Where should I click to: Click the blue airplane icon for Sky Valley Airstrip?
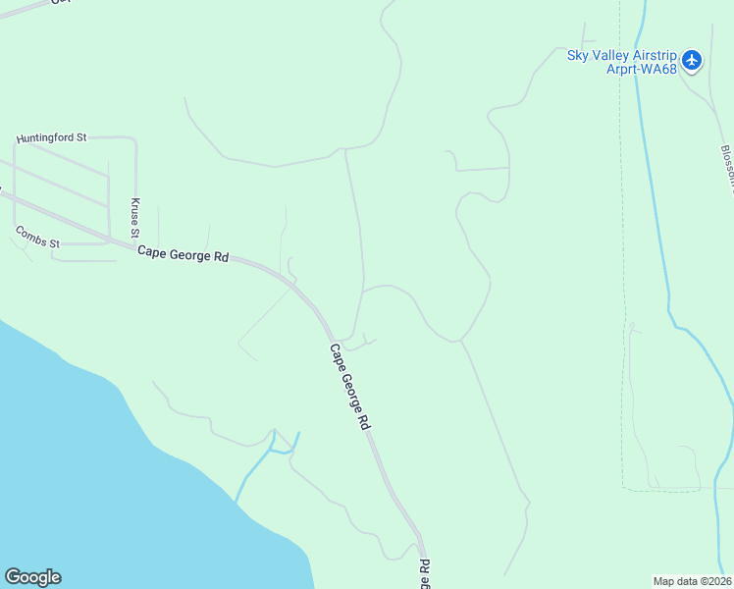click(x=693, y=61)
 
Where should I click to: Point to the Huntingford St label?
click(x=51, y=139)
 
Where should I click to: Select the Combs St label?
click(x=37, y=237)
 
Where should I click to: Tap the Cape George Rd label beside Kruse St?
click(x=183, y=253)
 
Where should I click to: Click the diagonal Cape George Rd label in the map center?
click(x=349, y=387)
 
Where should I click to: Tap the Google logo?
click(x=32, y=577)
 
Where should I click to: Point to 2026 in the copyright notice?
click(x=718, y=581)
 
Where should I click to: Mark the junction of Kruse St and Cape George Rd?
click(x=135, y=241)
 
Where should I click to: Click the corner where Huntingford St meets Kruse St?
click(x=133, y=139)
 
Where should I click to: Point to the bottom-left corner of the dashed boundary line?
click(x=622, y=487)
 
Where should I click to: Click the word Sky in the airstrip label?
click(x=578, y=55)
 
